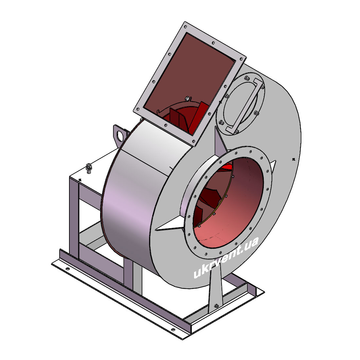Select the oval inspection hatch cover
click(x=241, y=104)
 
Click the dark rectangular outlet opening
click(x=190, y=83)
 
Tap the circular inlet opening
click(x=228, y=203)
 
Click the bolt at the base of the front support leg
click(x=216, y=306)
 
